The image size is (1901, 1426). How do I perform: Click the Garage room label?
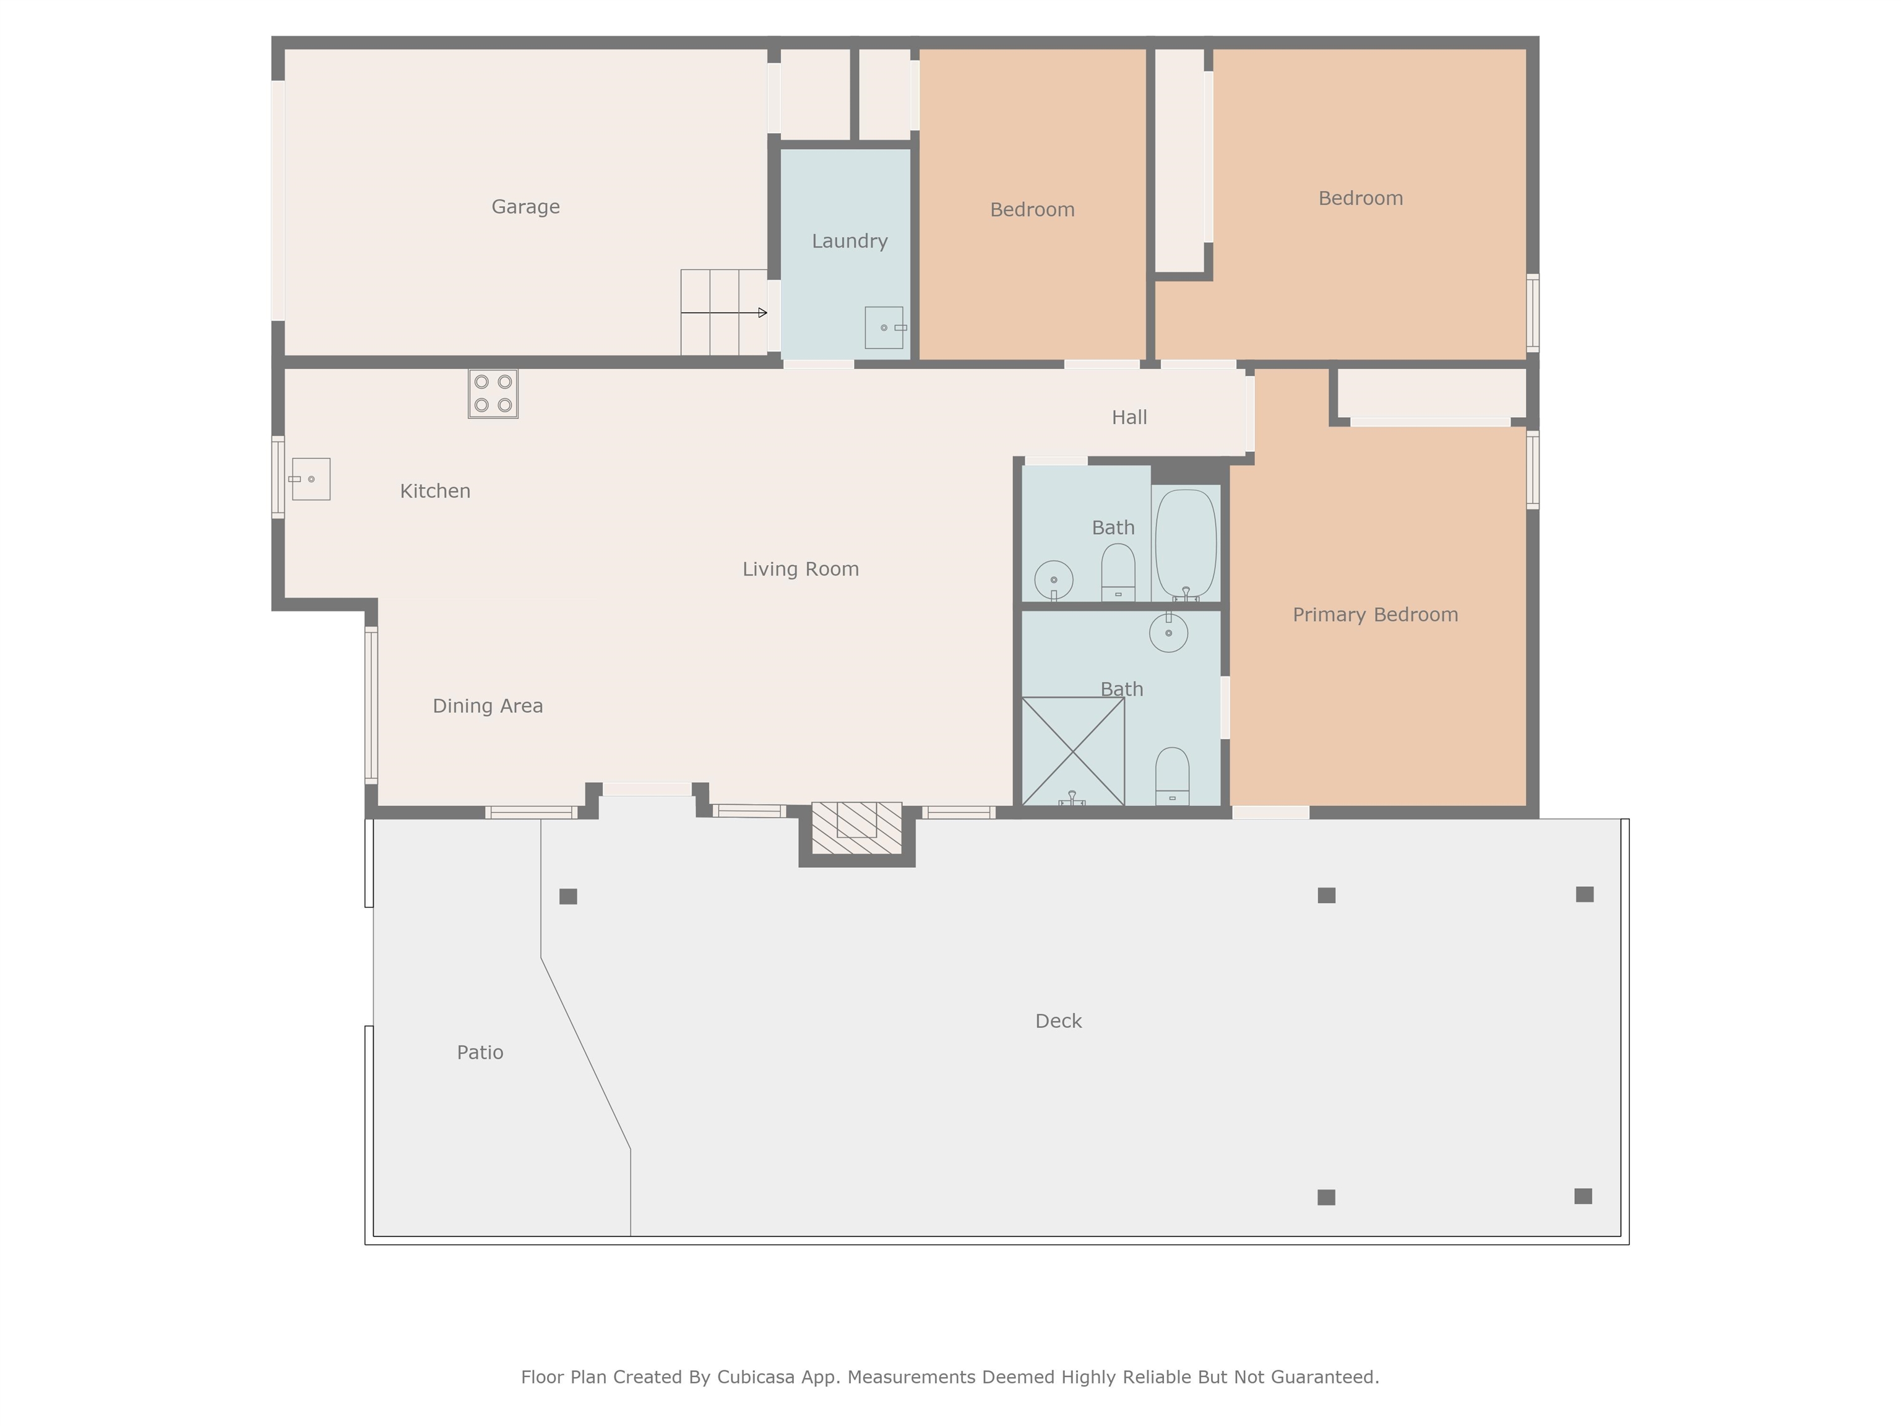525,207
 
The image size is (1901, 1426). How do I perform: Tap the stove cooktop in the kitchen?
493,394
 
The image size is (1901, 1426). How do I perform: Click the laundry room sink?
884,327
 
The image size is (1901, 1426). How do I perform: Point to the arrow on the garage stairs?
723,313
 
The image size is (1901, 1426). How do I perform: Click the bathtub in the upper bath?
1186,544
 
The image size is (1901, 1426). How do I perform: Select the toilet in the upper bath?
1118,573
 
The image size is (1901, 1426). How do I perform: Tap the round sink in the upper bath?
1054,580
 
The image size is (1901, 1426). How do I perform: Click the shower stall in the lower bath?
1074,751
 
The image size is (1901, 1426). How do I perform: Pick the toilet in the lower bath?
1172,776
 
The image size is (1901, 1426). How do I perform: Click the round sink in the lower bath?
1169,632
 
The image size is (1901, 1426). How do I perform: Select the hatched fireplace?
857,828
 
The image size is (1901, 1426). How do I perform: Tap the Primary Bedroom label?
1375,615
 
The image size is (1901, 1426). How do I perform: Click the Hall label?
1129,418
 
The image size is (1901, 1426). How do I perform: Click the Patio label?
480,1053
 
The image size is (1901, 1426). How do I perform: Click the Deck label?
1058,1021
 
